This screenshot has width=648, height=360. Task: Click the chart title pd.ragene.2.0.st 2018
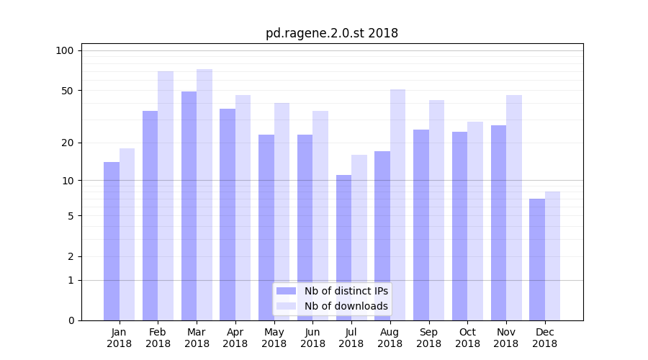(331, 33)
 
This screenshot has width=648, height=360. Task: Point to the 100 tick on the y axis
(65, 50)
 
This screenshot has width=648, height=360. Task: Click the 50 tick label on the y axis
(67, 91)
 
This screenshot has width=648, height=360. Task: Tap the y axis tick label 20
(67, 143)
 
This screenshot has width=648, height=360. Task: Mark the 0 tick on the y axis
(70, 320)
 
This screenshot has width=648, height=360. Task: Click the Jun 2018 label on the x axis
(312, 338)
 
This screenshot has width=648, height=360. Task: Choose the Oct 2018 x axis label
(467, 338)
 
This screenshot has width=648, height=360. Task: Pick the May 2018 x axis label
(274, 338)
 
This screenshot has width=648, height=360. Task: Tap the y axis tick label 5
(70, 216)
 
